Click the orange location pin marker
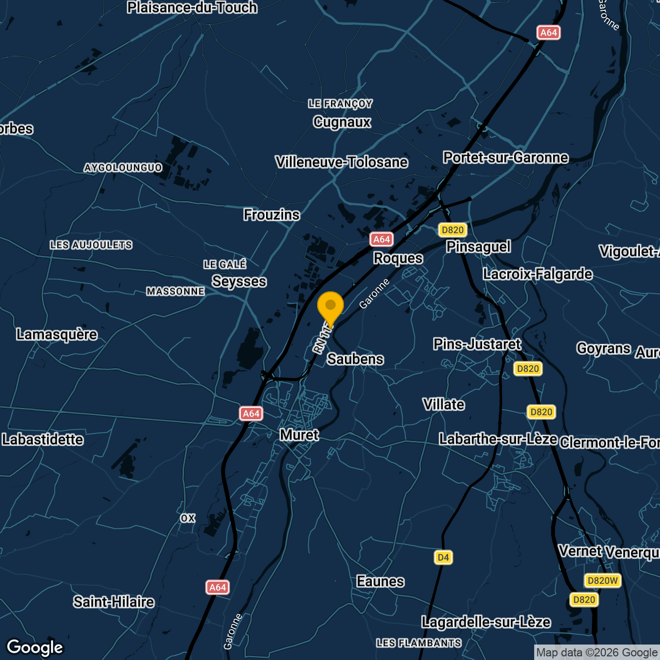[331, 307]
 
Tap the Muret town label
[299, 435]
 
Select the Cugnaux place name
[342, 122]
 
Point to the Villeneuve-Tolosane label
[341, 162]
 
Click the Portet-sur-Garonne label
[506, 158]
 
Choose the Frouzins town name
[272, 215]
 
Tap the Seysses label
[239, 282]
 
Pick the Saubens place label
[355, 359]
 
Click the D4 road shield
[443, 557]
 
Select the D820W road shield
[602, 581]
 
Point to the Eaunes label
[381, 582]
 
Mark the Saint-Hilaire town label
[113, 602]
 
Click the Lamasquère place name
[57, 335]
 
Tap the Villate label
[443, 405]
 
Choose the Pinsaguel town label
[478, 247]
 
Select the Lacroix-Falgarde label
[537, 274]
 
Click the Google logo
[35, 648]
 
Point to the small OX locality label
[188, 518]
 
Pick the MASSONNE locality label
[175, 292]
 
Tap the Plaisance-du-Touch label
[192, 8]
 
